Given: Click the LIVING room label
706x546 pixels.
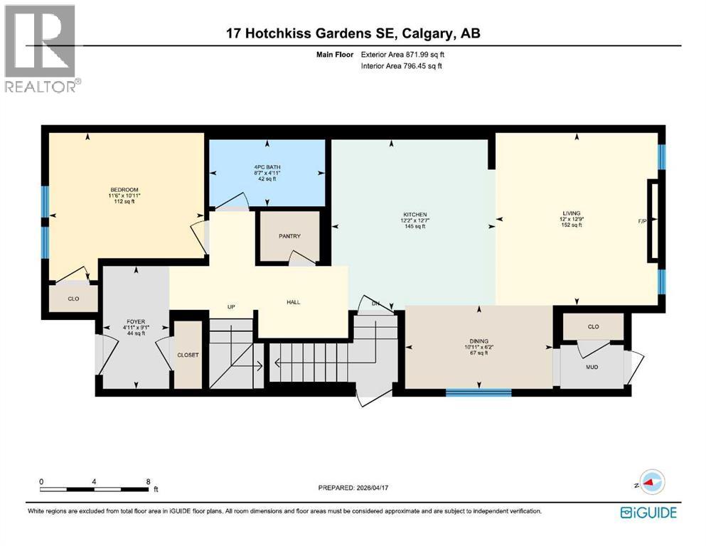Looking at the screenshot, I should (571, 213).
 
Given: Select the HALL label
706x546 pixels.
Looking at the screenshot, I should (293, 302).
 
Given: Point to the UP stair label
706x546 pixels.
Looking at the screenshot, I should (230, 307).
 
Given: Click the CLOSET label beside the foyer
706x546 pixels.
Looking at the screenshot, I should (188, 355).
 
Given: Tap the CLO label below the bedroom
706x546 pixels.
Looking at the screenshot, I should (73, 299).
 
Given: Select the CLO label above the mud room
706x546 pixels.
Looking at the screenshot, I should (594, 327).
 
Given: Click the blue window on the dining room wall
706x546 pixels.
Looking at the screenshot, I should (478, 392).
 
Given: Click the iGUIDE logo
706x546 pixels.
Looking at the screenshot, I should (648, 512).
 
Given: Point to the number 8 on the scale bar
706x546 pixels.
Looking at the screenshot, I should (147, 481).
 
